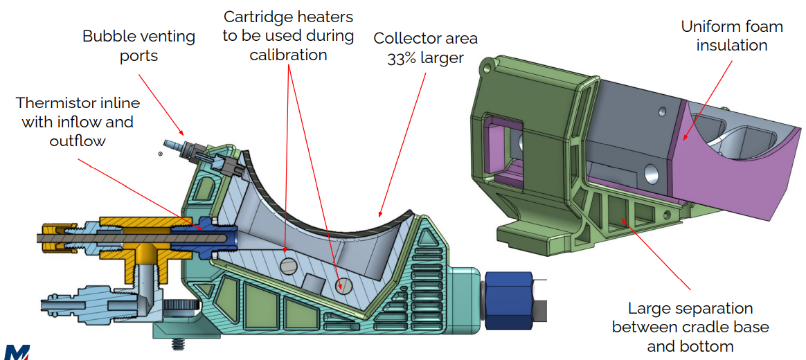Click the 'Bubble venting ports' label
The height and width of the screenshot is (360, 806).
(138, 46)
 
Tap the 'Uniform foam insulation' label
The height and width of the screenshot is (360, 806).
(731, 36)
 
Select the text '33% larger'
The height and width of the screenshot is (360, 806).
(425, 58)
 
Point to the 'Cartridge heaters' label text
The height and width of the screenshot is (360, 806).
(287, 17)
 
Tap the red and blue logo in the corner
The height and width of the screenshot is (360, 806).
(19, 351)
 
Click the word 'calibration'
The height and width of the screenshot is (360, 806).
(287, 54)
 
